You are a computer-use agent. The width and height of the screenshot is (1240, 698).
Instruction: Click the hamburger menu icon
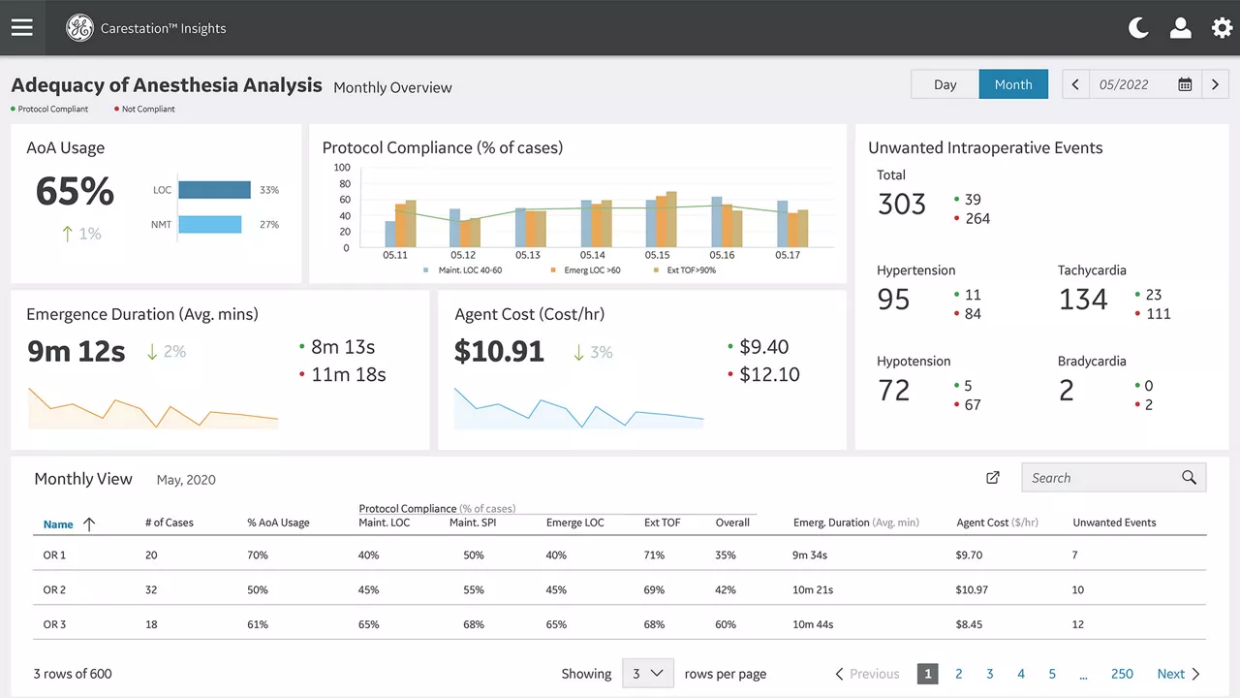(x=22, y=27)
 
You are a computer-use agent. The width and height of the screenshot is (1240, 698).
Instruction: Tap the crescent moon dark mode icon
(x=1137, y=28)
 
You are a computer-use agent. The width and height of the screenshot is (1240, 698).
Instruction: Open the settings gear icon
(x=1222, y=28)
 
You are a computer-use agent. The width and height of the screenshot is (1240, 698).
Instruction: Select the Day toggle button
(x=945, y=84)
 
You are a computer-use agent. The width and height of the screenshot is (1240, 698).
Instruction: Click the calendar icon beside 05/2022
(x=1185, y=84)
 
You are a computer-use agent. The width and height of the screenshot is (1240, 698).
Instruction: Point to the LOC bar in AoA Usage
(x=214, y=189)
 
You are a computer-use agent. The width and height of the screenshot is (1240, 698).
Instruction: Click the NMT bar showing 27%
(x=210, y=224)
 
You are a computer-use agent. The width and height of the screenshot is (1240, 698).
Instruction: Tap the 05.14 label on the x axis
(x=592, y=255)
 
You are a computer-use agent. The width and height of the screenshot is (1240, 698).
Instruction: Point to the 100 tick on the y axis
(x=342, y=168)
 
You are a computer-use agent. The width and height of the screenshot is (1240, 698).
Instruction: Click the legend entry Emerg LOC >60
(x=592, y=270)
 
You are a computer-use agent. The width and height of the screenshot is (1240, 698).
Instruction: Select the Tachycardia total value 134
(x=1083, y=300)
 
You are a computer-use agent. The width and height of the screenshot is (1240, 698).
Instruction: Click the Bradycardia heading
(x=1092, y=362)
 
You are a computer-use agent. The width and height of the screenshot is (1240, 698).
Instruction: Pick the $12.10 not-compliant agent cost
(x=769, y=374)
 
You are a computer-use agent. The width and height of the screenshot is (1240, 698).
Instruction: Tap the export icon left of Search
(x=993, y=478)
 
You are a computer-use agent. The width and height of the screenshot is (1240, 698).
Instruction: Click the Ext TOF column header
(x=662, y=523)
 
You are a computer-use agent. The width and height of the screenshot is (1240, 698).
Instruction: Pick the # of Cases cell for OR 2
(x=151, y=589)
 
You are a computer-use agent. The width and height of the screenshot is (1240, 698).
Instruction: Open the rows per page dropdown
(x=648, y=673)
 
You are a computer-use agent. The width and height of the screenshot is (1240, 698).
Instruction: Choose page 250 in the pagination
(x=1122, y=674)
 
